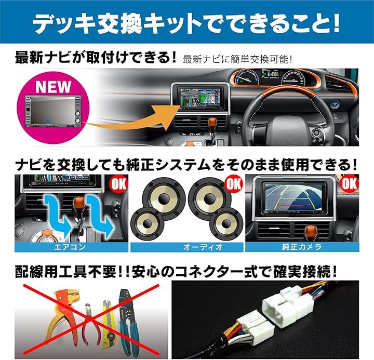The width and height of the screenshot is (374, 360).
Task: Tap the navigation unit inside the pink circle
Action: pyautogui.click(x=53, y=111)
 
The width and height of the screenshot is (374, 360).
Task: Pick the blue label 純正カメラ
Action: pyautogui.click(x=302, y=247)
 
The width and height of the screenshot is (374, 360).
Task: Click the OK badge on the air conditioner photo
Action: pyautogui.click(x=118, y=184)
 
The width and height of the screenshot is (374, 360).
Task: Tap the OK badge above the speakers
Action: pyautogui.click(x=234, y=184)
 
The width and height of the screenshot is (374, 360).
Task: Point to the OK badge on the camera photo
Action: pyautogui.click(x=350, y=184)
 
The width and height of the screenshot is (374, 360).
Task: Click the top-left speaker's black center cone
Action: pyautogui.click(x=164, y=198)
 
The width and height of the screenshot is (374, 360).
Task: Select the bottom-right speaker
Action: pyautogui.click(x=226, y=223)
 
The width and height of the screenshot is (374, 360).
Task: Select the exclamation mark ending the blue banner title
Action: pyautogui.click(x=336, y=23)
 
